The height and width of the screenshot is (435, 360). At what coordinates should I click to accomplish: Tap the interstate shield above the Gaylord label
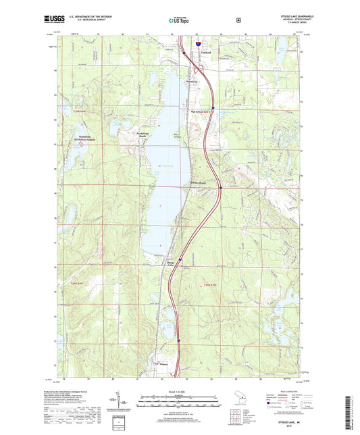point(198,43)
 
